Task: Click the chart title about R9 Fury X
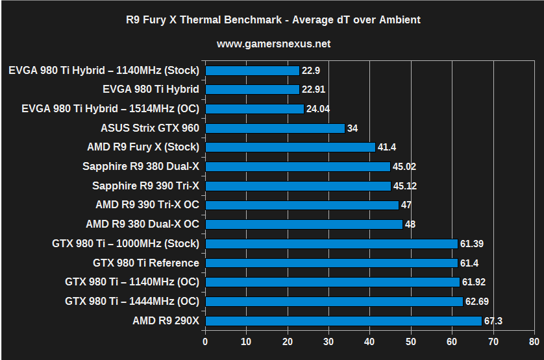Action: (273, 19)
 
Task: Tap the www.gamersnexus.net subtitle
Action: (273, 44)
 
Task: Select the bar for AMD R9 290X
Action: (343, 320)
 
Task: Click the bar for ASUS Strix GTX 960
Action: (275, 128)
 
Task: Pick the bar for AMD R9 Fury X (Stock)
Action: (290, 147)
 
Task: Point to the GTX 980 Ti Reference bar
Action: (331, 263)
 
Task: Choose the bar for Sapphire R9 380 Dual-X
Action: (297, 167)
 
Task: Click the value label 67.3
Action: (494, 320)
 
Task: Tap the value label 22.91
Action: (315, 90)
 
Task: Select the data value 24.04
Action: (318, 109)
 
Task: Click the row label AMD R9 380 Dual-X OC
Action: (142, 224)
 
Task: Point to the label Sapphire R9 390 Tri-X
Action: (146, 186)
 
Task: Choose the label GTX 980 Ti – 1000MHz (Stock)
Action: (125, 244)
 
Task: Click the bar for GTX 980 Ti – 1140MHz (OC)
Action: (332, 282)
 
